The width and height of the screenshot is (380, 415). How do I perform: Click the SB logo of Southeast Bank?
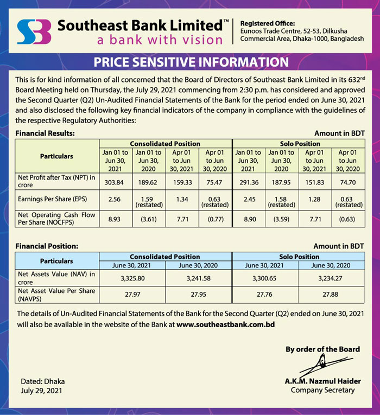pos(34,32)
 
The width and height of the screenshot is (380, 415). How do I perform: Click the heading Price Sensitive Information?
pos(191,61)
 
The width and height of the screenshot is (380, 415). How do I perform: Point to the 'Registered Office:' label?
pos(267,23)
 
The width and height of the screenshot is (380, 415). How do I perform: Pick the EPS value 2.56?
pos(115,199)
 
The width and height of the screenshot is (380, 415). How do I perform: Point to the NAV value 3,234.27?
pos(332,277)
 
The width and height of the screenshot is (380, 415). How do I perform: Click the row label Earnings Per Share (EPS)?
pos(50,199)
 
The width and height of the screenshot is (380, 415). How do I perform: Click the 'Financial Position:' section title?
pos(47,246)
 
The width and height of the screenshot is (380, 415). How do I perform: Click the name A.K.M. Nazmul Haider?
pos(322,381)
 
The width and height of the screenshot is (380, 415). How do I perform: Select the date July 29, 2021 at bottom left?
pos(41,390)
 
